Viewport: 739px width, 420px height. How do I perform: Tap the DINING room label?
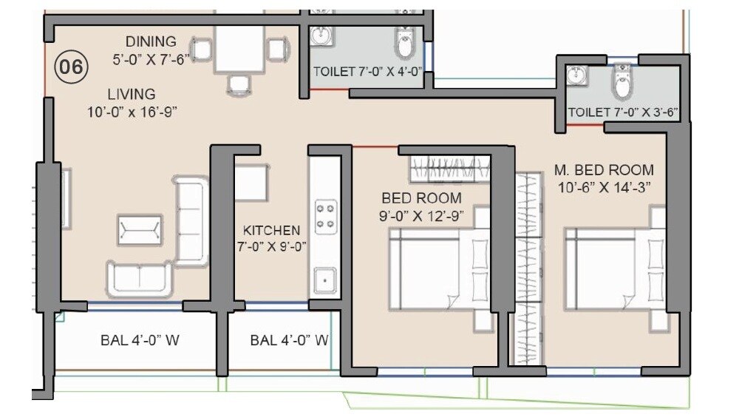tap(150, 42)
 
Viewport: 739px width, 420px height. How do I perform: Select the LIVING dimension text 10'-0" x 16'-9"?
tap(131, 112)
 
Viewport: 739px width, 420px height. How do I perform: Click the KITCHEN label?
tap(272, 231)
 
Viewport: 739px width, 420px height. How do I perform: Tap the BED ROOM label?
tap(421, 198)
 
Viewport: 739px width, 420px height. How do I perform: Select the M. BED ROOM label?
tap(604, 170)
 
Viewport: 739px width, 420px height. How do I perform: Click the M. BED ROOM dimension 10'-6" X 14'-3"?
tap(604, 187)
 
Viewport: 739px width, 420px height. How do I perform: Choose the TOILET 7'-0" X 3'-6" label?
tap(623, 112)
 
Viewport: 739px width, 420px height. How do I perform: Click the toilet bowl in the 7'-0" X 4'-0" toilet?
tap(406, 44)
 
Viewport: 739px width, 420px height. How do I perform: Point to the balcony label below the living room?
tap(140, 341)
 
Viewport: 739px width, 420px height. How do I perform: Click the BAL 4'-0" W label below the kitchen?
tap(289, 341)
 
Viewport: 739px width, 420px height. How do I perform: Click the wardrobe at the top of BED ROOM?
tap(449, 168)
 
